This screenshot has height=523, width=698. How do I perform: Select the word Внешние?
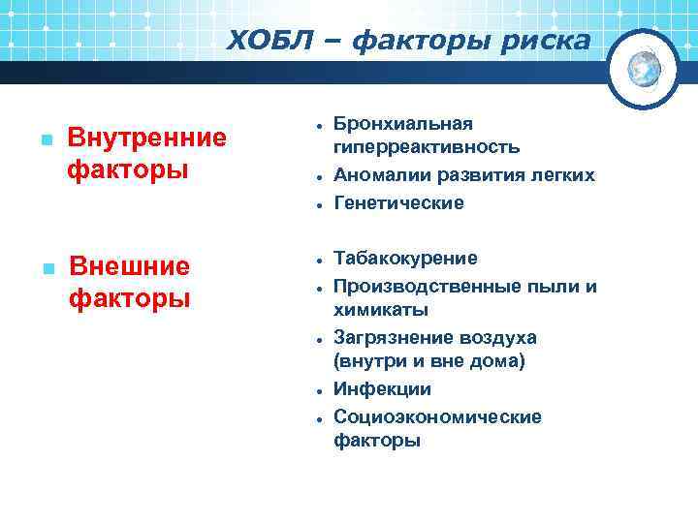(130, 266)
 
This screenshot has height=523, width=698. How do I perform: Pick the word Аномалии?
(375, 174)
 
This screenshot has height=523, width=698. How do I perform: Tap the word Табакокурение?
(405, 259)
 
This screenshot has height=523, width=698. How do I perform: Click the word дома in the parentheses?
(497, 361)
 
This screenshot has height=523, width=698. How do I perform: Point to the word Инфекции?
(382, 389)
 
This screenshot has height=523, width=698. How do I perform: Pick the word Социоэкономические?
(437, 416)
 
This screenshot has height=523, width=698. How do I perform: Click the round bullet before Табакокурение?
(318, 261)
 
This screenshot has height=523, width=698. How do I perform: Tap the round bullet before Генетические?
(318, 204)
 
